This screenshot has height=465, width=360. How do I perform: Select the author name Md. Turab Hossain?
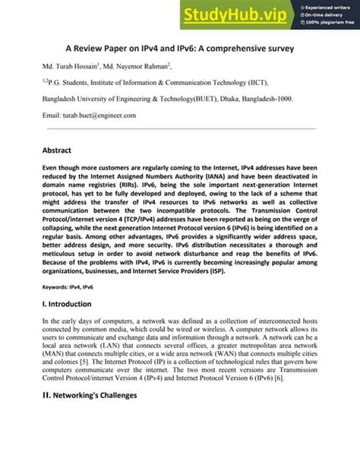[71, 66]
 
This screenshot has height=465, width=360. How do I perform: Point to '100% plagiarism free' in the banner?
[331, 24]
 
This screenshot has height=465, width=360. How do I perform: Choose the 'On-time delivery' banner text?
[328, 15]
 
